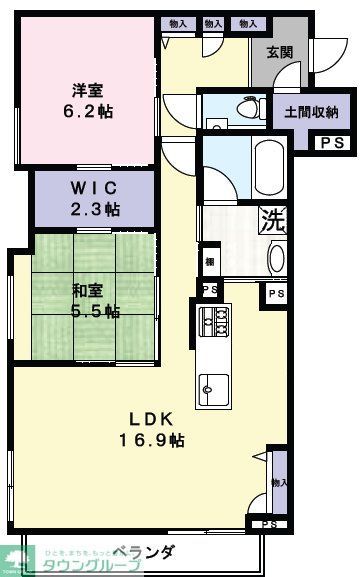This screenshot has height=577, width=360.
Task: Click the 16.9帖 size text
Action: tap(152, 439)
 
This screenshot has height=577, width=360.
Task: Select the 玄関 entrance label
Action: tap(280, 53)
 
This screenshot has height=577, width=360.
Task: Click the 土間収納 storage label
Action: tap(310, 112)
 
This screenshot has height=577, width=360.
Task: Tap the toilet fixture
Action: tap(240, 109)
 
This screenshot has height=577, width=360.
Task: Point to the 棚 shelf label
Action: tap(208, 261)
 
